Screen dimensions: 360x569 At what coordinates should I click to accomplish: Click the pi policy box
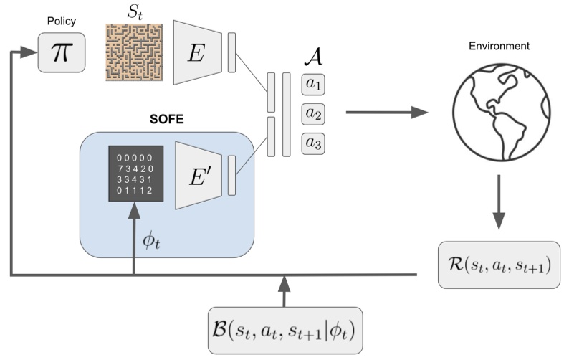[x=62, y=52]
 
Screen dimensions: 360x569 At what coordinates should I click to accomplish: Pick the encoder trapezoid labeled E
[x=195, y=52]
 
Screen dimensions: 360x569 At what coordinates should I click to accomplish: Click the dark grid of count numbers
[x=136, y=174]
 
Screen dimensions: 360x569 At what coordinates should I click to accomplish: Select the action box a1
[x=314, y=84]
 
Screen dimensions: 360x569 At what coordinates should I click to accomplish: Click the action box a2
[x=314, y=114]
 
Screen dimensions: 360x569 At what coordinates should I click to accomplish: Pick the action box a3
[x=314, y=143]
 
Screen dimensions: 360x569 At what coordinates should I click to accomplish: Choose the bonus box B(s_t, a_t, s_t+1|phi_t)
[x=285, y=331]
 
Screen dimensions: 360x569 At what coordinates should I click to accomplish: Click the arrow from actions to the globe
[x=387, y=113]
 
